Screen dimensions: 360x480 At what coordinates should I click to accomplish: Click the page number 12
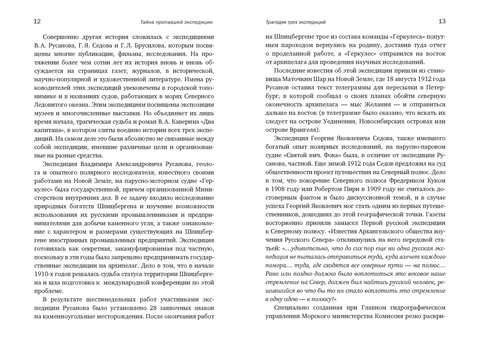[x=37, y=21]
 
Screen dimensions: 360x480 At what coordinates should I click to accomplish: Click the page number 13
[x=442, y=21]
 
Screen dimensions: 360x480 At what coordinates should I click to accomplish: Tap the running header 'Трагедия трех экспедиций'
[x=295, y=22]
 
